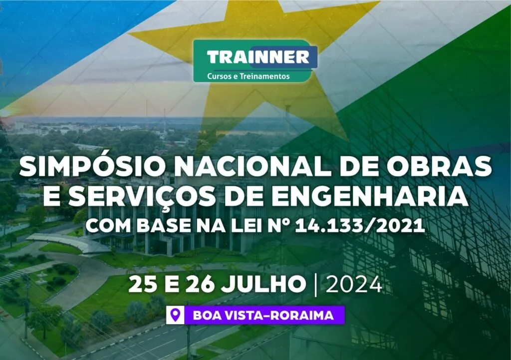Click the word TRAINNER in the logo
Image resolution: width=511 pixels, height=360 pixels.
point(258,57)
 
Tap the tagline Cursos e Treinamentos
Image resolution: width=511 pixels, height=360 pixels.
point(248,76)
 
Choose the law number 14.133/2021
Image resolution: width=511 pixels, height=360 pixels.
point(360,226)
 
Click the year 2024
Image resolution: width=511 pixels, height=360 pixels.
point(354,285)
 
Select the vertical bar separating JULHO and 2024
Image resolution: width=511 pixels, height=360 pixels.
point(315,285)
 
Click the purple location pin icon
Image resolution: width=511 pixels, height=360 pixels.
point(175,315)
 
